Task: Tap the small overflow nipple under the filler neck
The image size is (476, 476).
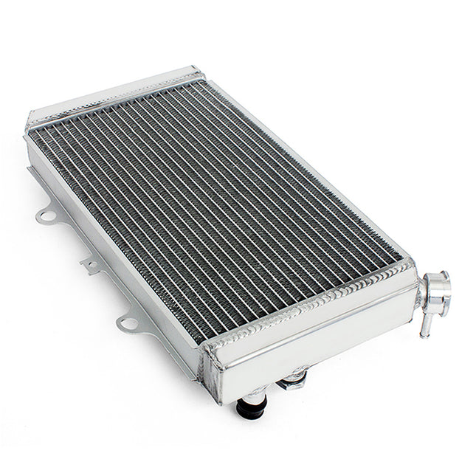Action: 426,325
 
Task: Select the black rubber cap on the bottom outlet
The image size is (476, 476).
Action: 252,407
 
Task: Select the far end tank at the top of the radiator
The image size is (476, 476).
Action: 111,96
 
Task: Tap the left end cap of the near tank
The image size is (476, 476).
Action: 213,373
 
